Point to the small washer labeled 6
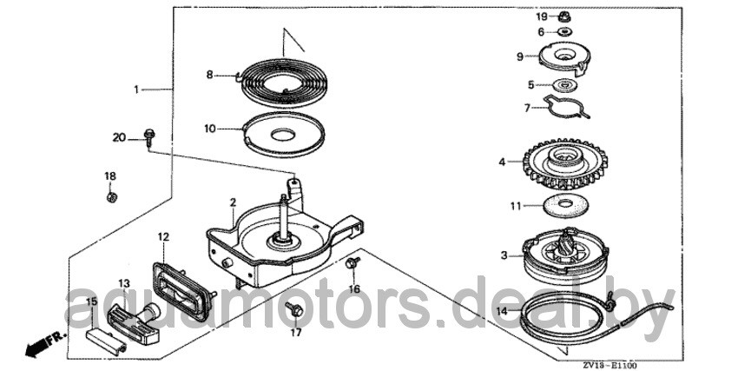(563, 31)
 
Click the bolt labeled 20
(149, 137)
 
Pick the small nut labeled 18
(111, 197)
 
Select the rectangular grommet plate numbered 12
(182, 290)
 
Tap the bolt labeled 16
(353, 262)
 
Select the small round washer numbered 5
(563, 86)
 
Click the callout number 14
(502, 310)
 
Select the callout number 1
(136, 89)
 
